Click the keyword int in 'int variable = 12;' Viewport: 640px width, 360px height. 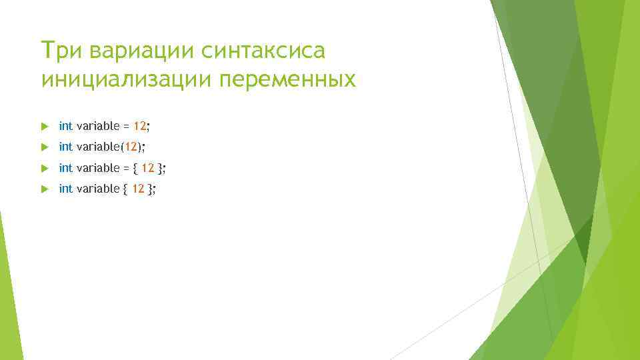[65, 125]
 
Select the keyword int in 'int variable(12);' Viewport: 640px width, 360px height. [65, 147]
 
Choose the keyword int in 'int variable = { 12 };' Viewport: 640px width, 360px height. [65, 167]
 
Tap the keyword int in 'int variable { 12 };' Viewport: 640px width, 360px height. [65, 189]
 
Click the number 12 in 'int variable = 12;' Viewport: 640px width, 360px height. [139, 125]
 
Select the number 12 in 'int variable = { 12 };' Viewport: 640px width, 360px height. [148, 167]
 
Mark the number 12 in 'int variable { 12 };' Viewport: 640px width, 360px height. [138, 189]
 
